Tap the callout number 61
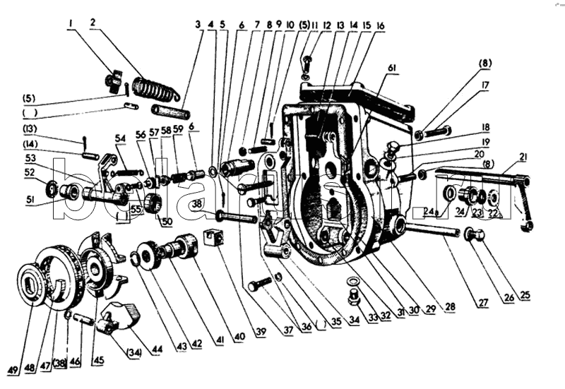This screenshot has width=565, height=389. point(392,67)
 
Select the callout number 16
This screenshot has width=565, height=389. point(380,25)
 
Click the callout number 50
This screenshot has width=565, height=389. point(167,222)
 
